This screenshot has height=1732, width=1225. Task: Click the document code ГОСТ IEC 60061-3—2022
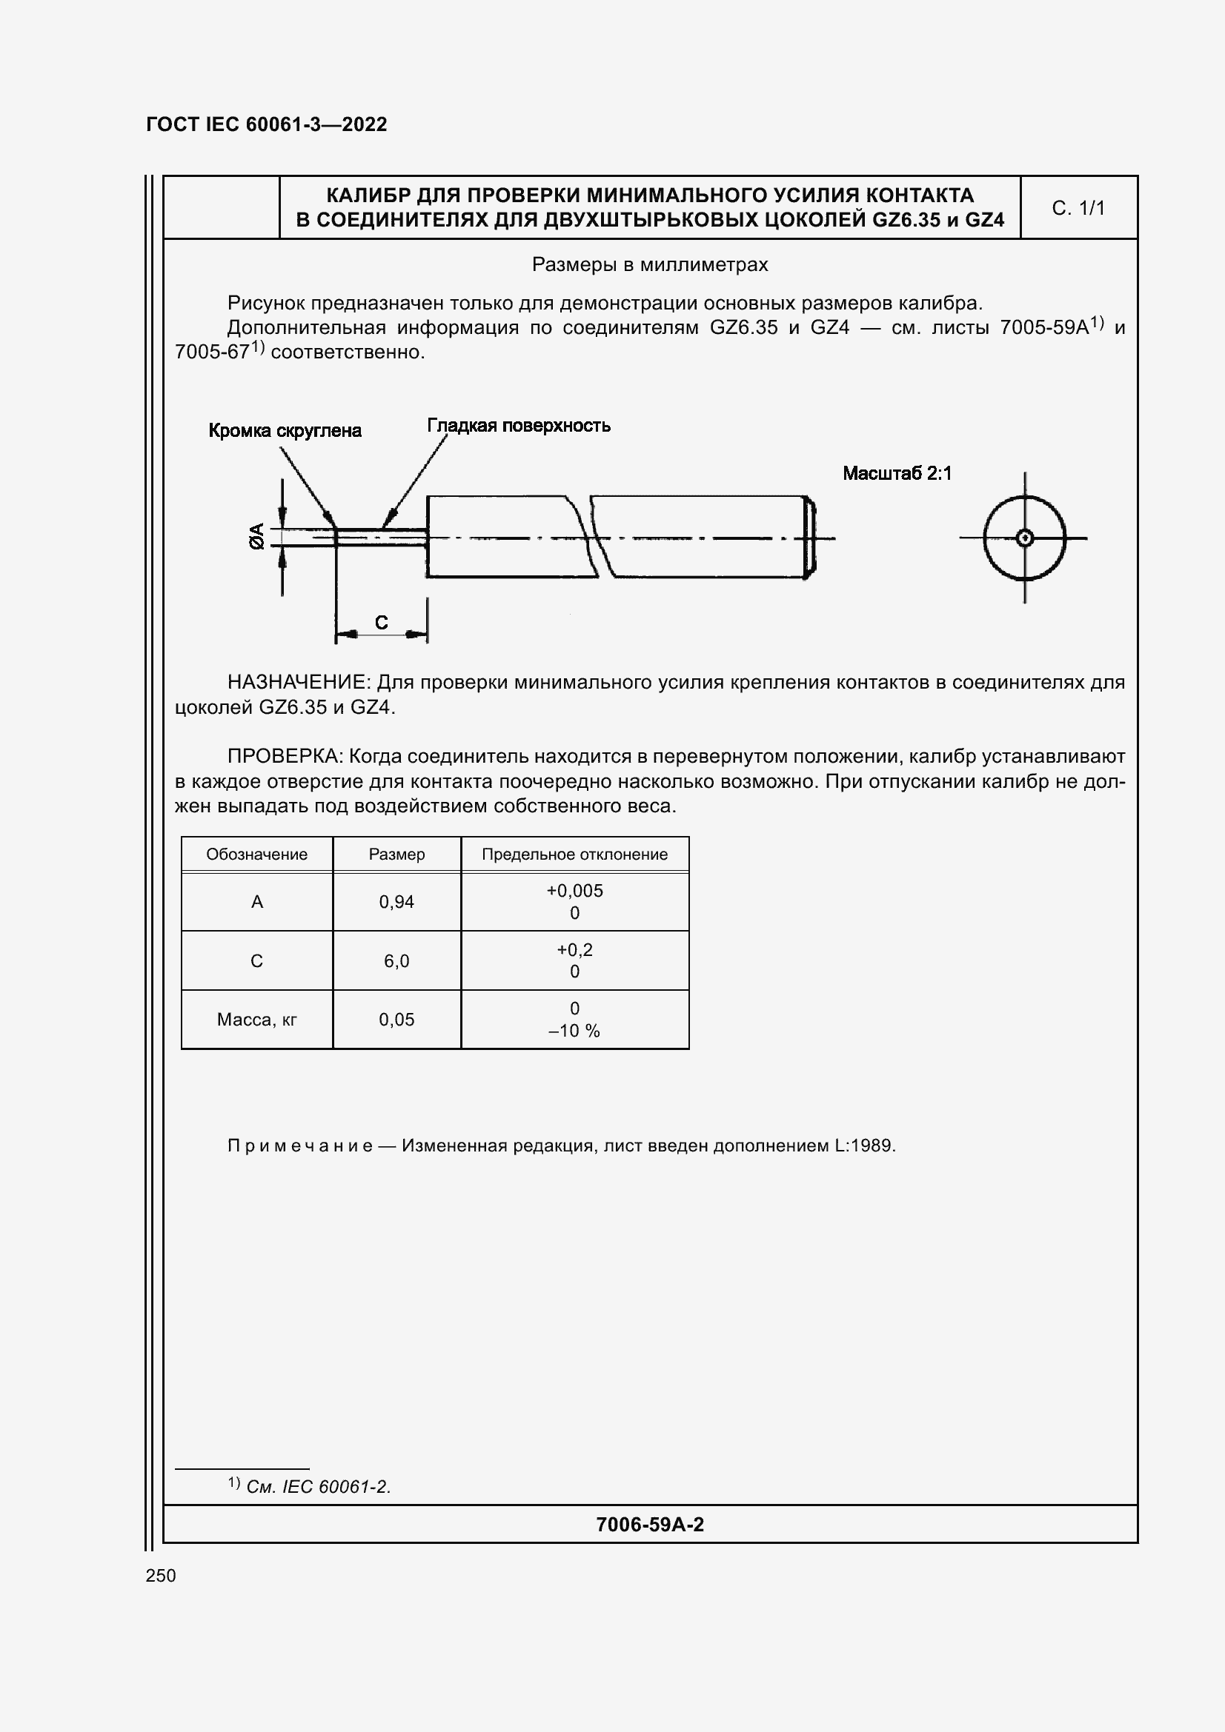[x=267, y=124]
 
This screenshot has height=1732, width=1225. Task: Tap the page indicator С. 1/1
[x=1078, y=208]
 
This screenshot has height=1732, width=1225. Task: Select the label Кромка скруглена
[x=285, y=431]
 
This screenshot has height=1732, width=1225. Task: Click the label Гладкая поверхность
[x=519, y=426]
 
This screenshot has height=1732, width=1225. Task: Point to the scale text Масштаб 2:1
[x=897, y=474]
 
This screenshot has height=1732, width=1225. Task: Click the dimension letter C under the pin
[x=381, y=622]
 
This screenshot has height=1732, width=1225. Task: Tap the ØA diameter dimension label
[x=258, y=535]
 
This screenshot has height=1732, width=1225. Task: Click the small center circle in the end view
[x=1024, y=538]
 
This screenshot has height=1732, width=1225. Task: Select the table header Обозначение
[x=256, y=854]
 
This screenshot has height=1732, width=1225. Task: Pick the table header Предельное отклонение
[x=574, y=854]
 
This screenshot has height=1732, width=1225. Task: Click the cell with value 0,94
[x=396, y=901]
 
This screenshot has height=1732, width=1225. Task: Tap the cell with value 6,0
[x=396, y=960]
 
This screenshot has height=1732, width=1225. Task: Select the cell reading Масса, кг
[x=256, y=1019]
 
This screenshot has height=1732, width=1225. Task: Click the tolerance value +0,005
[x=574, y=890]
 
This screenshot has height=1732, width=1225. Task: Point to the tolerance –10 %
[x=574, y=1031]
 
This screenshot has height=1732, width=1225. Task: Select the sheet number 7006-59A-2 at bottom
[x=649, y=1525]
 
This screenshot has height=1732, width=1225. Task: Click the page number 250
[x=161, y=1575]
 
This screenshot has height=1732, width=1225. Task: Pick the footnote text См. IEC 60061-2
[x=318, y=1487]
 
